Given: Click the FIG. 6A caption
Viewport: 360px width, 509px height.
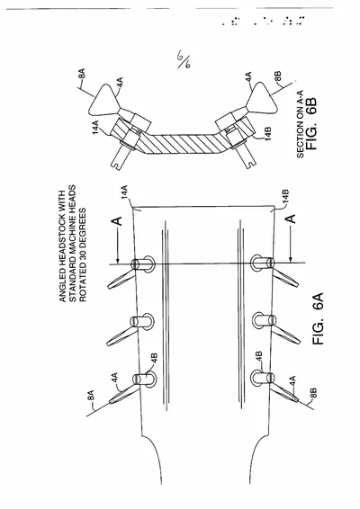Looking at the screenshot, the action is tap(319, 318).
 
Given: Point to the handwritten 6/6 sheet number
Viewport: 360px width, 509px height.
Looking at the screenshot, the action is tap(184, 59).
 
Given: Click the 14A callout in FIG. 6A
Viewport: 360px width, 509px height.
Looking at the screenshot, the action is tap(125, 192).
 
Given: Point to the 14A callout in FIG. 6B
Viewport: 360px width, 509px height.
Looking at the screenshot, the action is tap(95, 128).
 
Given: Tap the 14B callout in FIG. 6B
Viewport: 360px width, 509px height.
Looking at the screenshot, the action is tap(267, 133).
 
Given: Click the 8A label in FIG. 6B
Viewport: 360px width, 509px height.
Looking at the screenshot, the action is tap(82, 73).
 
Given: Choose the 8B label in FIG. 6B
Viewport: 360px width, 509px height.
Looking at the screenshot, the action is tap(278, 77).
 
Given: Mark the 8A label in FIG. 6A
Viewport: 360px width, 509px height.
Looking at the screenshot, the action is tap(92, 396).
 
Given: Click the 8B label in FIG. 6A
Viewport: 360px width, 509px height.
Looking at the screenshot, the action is tap(313, 393).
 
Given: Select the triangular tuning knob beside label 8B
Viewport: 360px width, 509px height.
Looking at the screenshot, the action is tap(262, 98).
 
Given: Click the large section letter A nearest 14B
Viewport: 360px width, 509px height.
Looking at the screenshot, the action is tap(292, 219).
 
